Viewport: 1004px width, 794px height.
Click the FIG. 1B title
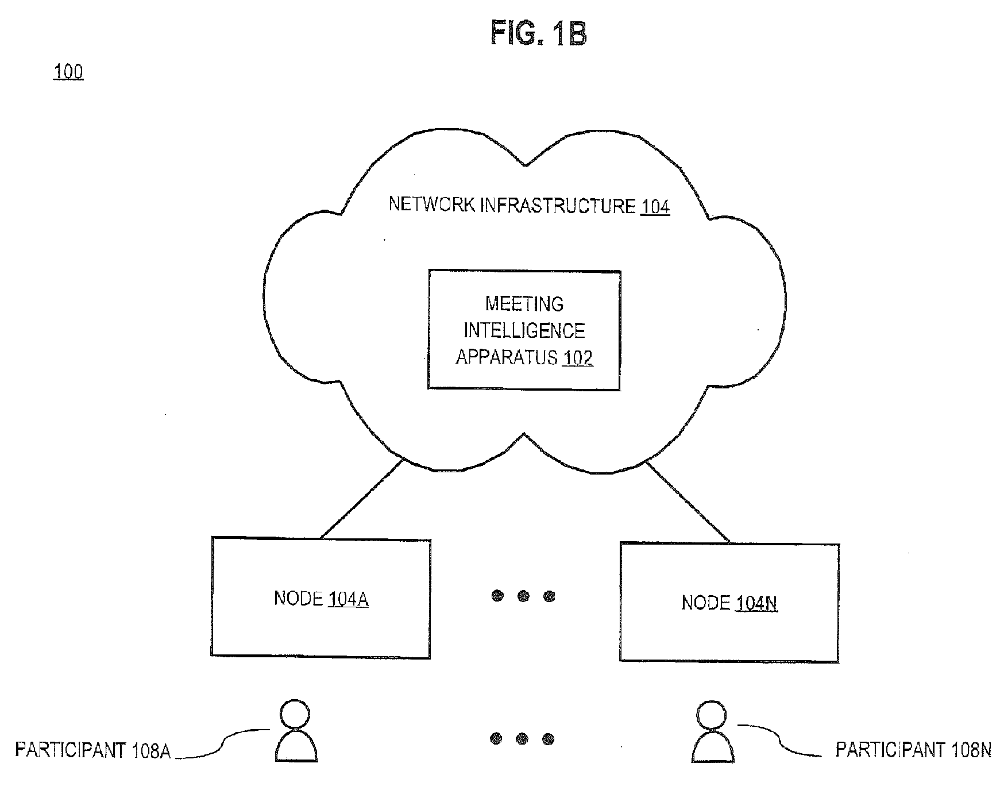click(x=539, y=33)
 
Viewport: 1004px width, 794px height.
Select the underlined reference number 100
click(x=68, y=72)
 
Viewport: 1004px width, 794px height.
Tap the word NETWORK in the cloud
click(x=431, y=205)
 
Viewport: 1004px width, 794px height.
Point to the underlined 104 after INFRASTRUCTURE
click(x=655, y=206)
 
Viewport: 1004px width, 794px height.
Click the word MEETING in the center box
click(x=524, y=303)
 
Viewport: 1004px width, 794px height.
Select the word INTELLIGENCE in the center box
click(x=524, y=330)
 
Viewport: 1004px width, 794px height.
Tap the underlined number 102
click(x=578, y=358)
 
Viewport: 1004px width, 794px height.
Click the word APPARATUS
click(x=507, y=357)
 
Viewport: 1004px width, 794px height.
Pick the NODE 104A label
click(x=321, y=599)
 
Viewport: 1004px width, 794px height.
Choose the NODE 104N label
click(x=729, y=603)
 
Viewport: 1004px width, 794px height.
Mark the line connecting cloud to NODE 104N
click(x=688, y=502)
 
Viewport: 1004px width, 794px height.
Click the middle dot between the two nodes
click(x=523, y=596)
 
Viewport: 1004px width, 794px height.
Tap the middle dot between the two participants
click(x=522, y=738)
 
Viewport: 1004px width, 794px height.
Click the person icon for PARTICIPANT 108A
click(x=296, y=730)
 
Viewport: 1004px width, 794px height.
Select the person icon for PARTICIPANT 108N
click(x=713, y=731)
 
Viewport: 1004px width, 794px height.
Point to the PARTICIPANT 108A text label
click(x=92, y=750)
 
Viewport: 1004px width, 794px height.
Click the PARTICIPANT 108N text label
click(x=913, y=750)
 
